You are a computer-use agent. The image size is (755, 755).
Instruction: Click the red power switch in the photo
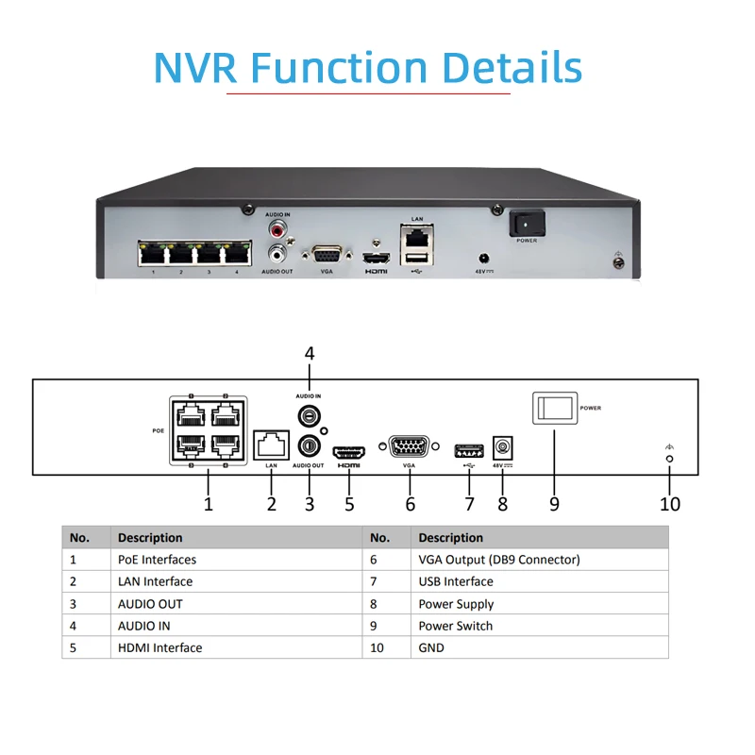point(528,223)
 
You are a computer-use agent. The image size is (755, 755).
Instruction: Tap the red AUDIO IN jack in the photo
point(278,229)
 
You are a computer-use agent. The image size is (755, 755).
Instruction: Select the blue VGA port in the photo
point(327,255)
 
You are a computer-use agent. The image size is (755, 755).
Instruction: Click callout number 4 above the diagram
point(309,354)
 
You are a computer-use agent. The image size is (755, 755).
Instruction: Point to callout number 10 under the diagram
point(670,504)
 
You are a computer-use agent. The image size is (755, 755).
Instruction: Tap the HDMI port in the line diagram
point(349,449)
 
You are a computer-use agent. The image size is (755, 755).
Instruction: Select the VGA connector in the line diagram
point(409,447)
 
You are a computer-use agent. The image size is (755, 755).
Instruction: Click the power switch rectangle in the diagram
point(554,409)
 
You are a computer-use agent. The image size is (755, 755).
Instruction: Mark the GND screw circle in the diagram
point(670,459)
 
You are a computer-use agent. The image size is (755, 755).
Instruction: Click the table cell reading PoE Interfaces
point(157,560)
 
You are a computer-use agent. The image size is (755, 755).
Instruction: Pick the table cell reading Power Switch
point(456,626)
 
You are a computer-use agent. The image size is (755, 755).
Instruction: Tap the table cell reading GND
point(431,647)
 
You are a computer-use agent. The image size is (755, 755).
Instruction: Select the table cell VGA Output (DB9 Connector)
point(499,560)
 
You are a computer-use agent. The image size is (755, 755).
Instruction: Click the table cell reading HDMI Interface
point(159,647)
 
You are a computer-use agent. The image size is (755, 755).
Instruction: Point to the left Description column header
point(150,538)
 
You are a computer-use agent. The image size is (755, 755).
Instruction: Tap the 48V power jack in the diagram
point(502,447)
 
